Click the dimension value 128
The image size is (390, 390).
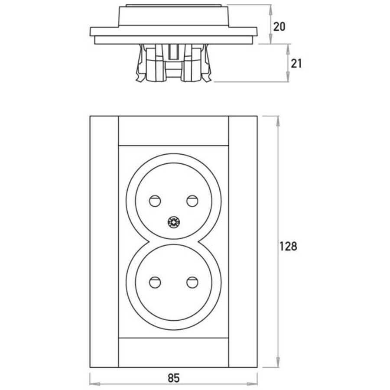tap(288, 247)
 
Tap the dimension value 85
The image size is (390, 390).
tap(173, 378)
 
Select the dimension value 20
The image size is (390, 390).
tap(279, 26)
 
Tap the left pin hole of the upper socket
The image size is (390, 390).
tap(155, 201)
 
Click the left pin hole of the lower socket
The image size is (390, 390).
tap(155, 283)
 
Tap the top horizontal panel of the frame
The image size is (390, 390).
tap(173, 130)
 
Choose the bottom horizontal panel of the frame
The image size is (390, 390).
tap(173, 352)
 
